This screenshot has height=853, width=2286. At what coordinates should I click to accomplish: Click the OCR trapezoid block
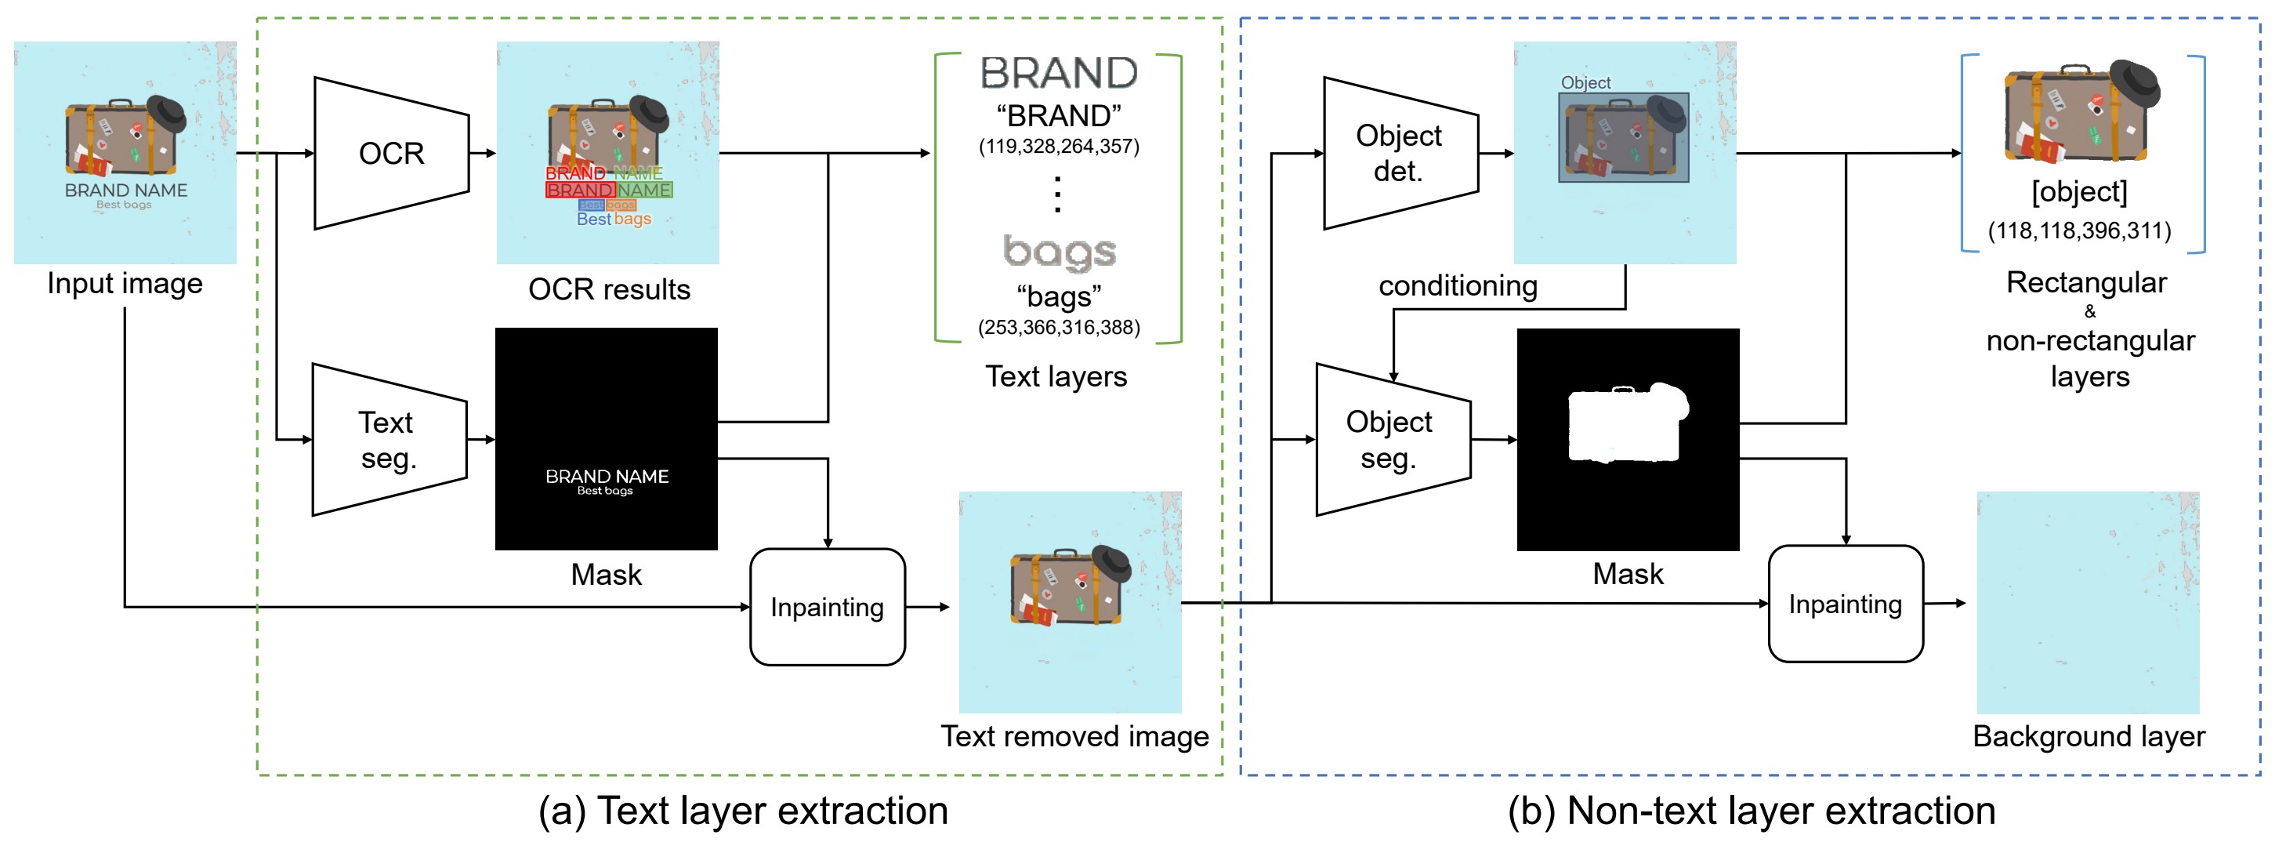point(391,154)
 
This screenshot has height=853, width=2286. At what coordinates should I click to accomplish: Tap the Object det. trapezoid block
point(1400,153)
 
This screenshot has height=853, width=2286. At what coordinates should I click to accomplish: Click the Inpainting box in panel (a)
point(827,607)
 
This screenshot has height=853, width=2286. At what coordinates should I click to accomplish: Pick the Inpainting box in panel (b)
point(1845,604)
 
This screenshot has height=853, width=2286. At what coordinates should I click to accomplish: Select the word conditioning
point(1457,286)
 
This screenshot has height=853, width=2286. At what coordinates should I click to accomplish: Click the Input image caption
point(125,283)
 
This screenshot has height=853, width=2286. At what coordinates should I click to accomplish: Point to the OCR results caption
point(609,289)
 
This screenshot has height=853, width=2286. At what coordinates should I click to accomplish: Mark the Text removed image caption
point(1074,736)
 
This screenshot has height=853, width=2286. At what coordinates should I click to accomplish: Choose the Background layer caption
point(2088,736)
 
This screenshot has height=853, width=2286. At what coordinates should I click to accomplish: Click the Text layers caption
point(1056,376)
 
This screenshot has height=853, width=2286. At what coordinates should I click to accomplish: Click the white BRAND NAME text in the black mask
point(607,477)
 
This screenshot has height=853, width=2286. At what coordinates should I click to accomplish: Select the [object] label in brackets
point(2079,192)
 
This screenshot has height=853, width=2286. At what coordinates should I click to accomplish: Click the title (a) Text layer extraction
point(743,811)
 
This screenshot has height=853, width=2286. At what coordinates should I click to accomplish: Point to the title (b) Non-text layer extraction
point(1751,811)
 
